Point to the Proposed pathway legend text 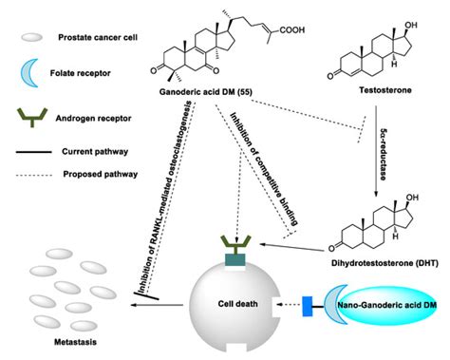tap(101, 174)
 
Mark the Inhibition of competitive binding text tap(265, 166)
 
